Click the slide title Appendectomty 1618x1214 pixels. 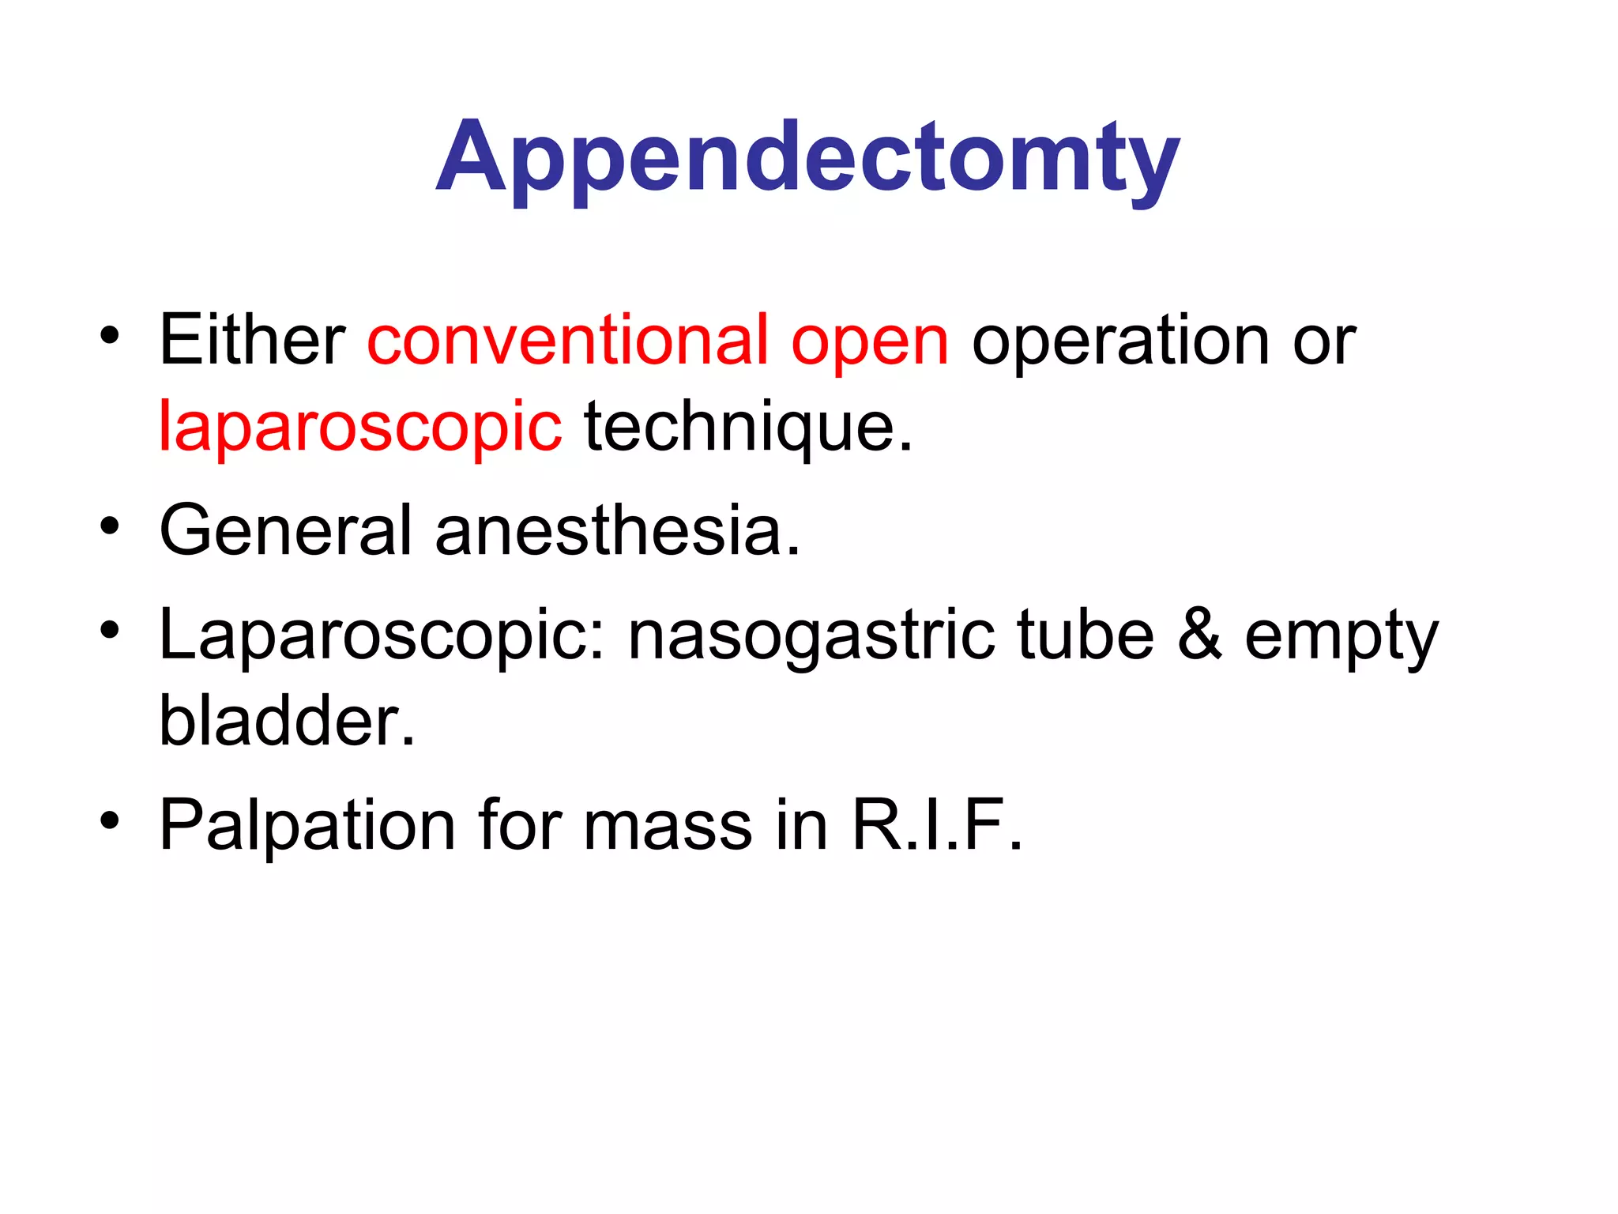pyautogui.click(x=807, y=158)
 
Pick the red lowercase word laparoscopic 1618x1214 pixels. pyautogui.click(x=360, y=428)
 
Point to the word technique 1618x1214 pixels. pyautogui.click(x=747, y=428)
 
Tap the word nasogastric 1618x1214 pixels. pyautogui.click(x=811, y=637)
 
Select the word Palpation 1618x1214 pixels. pyautogui.click(x=307, y=827)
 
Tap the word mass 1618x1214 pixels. pyautogui.click(x=668, y=827)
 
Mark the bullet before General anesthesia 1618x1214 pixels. pyautogui.click(x=110, y=526)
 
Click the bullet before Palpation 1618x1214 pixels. pyautogui.click(x=110, y=820)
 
